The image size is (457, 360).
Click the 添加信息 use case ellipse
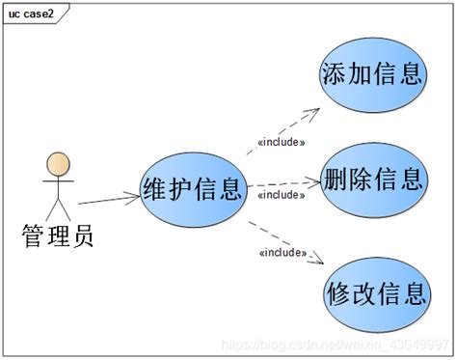[x=372, y=73]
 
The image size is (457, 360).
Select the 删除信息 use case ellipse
[x=372, y=179]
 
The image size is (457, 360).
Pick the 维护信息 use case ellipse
[x=191, y=187]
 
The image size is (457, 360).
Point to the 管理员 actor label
[x=57, y=234]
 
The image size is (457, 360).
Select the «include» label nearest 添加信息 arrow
[x=282, y=143]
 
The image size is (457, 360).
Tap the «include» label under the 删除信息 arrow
[x=281, y=194]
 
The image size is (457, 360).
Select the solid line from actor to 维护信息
[x=108, y=199]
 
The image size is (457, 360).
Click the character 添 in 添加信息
[x=335, y=74]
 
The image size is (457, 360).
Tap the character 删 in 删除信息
[x=335, y=180]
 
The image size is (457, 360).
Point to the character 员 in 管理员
[x=82, y=234]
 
